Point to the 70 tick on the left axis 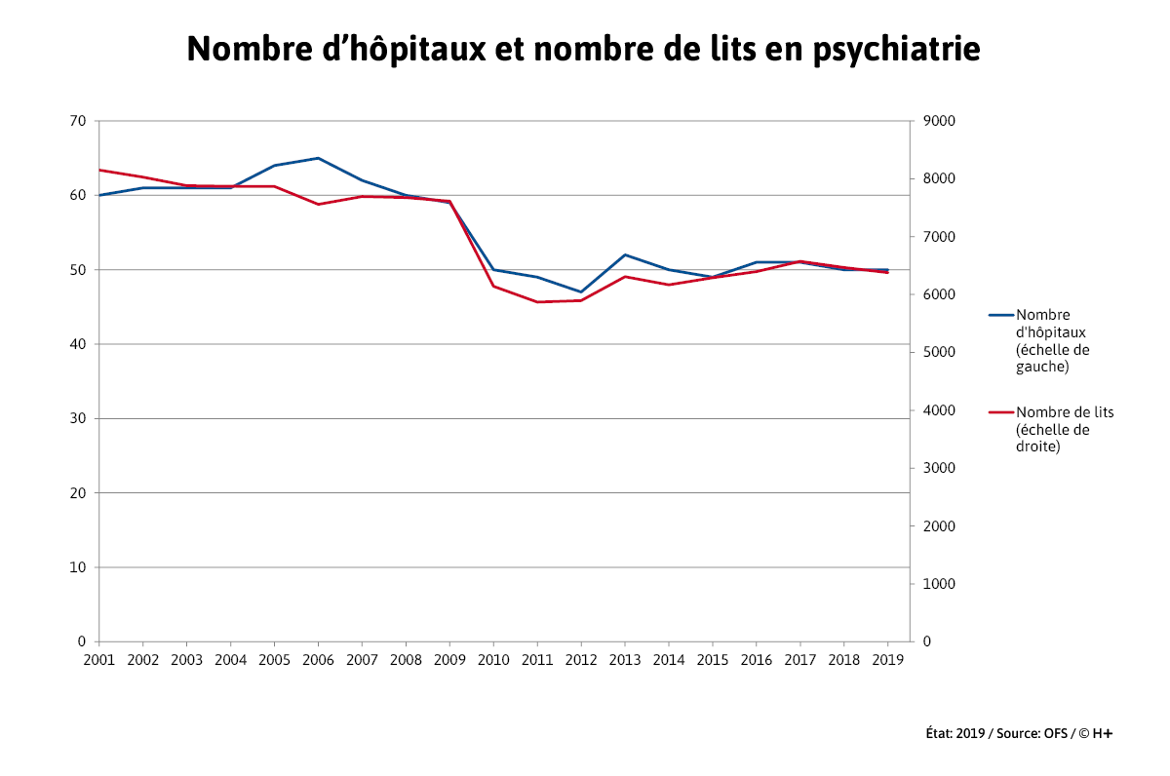tap(78, 121)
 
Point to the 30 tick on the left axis tap(78, 418)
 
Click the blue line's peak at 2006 tap(318, 158)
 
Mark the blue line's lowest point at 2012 tap(581, 291)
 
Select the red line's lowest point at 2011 tap(537, 302)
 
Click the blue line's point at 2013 tap(625, 254)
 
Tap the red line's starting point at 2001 tap(99, 170)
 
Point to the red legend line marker tap(1001, 412)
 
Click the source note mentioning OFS tap(1018, 733)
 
